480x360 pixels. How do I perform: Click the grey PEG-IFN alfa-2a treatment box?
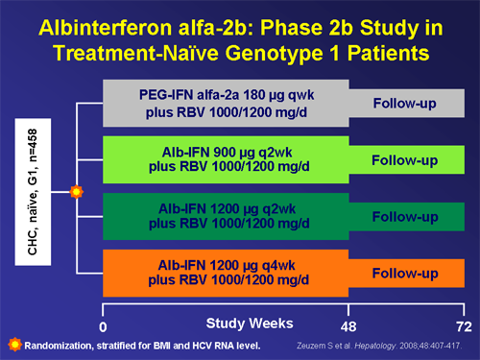pos(226,104)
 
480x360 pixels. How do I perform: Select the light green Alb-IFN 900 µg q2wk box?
pos(226,159)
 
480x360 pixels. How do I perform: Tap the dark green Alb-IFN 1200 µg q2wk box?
pos(226,216)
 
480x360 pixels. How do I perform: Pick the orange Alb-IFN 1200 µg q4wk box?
pos(226,273)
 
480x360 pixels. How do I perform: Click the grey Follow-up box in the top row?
pos(404,104)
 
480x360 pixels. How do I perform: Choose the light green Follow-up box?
pos(404,159)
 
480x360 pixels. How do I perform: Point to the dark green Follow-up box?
pos(404,216)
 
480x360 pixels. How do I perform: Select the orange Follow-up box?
pos(404,273)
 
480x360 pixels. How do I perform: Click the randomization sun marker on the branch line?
pos(78,192)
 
